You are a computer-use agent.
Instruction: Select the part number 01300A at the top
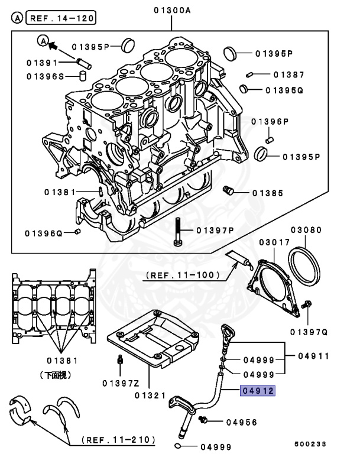pyautogui.click(x=172, y=9)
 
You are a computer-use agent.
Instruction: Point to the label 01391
pyautogui.click(x=43, y=62)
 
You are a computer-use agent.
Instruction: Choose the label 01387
pyautogui.click(x=289, y=74)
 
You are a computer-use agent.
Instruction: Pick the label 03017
pyautogui.click(x=272, y=242)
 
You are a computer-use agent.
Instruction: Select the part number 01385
pyautogui.click(x=268, y=193)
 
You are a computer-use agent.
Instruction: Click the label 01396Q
pyautogui.click(x=44, y=233)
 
